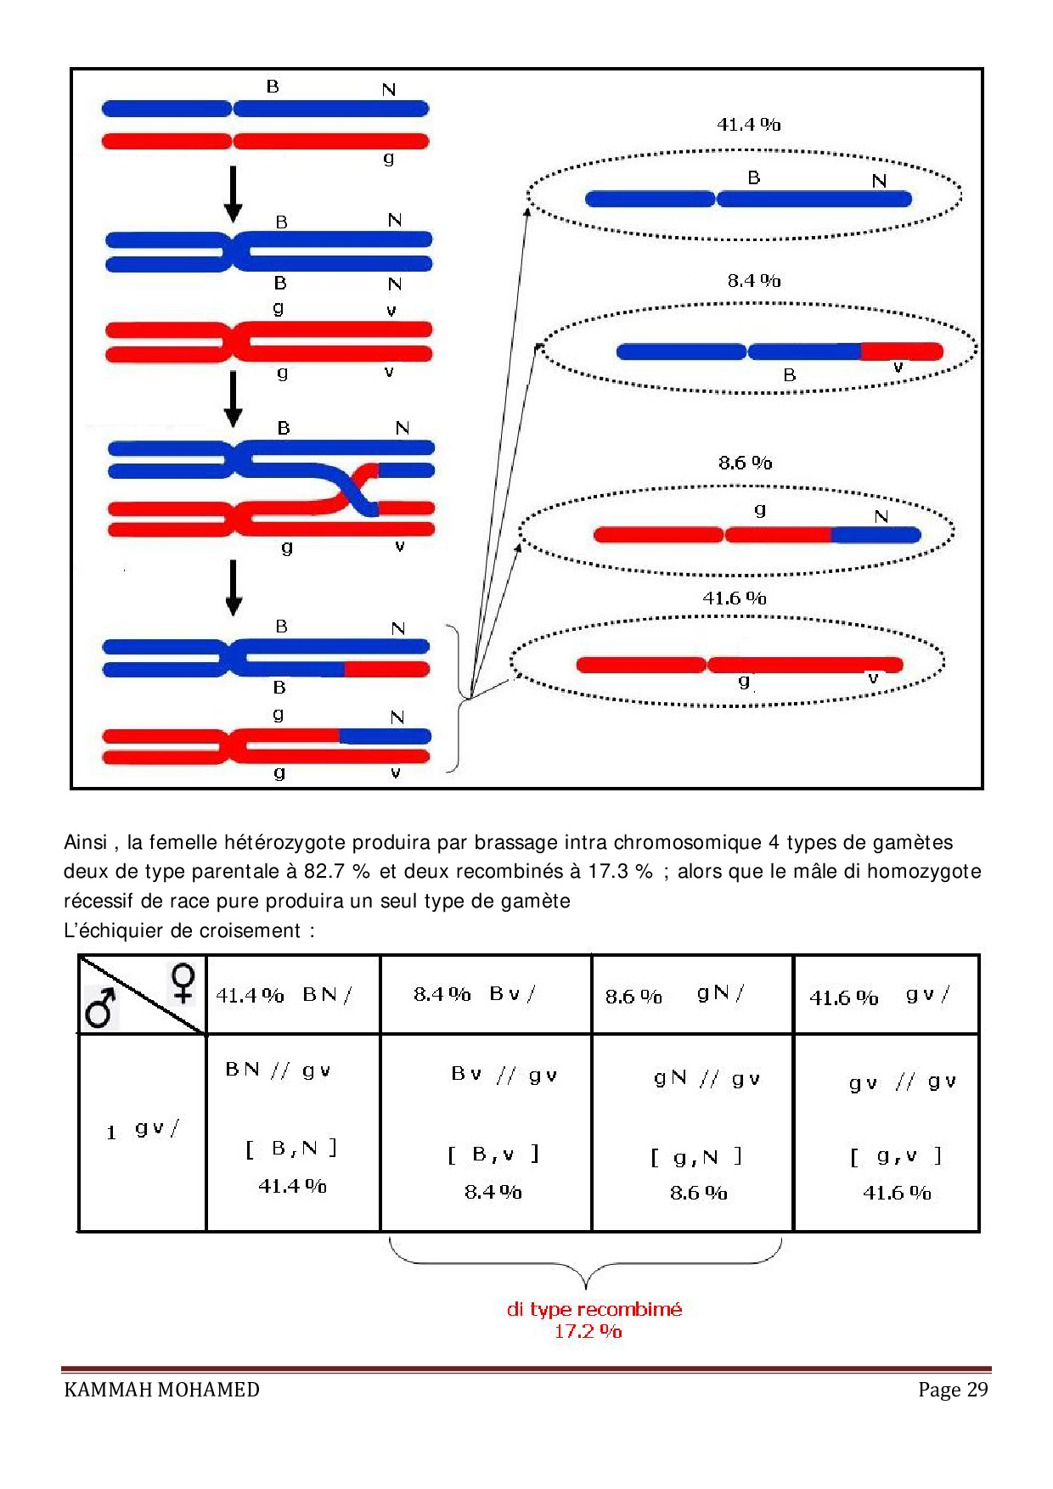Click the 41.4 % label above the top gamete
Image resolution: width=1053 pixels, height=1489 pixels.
[748, 125]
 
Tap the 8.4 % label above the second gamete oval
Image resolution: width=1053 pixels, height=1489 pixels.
[753, 281]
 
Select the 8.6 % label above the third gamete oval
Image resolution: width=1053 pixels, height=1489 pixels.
[745, 463]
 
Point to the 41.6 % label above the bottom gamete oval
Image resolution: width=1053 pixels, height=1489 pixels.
[734, 598]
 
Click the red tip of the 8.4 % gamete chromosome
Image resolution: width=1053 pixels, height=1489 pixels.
[902, 351]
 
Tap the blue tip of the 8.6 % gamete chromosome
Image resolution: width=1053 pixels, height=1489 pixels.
[876, 535]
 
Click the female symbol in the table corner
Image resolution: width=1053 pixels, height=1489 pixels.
[183, 983]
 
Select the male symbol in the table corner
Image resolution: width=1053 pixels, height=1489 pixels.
[100, 1009]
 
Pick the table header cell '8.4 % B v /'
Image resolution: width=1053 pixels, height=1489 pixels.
[475, 994]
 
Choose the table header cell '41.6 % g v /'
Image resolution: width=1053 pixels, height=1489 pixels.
[880, 996]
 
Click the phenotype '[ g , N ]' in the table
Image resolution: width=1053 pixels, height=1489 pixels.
[696, 1157]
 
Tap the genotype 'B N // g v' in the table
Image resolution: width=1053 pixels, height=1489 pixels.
[278, 1070]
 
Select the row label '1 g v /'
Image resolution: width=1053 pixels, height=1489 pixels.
[143, 1130]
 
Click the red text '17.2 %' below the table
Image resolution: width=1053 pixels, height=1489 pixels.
[588, 1331]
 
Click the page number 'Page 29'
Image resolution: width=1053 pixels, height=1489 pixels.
[953, 1390]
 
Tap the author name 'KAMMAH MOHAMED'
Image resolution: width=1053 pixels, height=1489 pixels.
[161, 1390]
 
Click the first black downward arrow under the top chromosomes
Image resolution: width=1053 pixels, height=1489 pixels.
[233, 194]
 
